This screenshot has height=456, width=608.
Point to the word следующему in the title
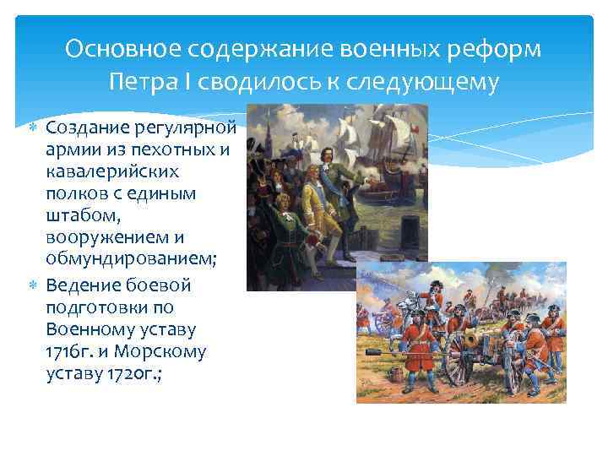(431, 83)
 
